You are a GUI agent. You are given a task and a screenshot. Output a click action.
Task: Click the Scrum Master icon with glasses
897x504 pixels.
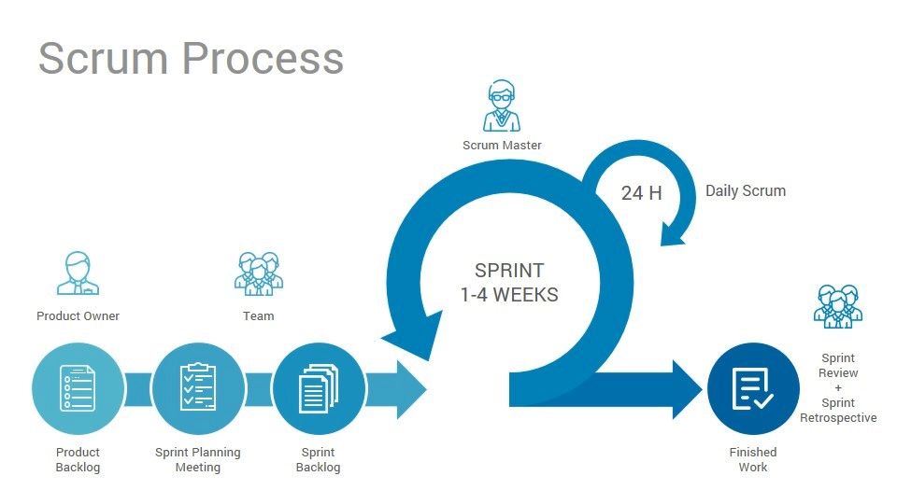(502, 106)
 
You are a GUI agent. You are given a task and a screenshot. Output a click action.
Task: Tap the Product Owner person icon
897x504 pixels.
(78, 273)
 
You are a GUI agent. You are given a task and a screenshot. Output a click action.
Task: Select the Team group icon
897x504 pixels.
(258, 273)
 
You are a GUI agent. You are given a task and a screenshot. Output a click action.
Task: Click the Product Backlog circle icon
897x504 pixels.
(78, 388)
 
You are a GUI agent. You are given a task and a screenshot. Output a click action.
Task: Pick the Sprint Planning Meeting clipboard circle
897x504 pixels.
(197, 388)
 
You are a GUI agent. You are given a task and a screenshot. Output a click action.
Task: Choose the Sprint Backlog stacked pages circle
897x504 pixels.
(318, 388)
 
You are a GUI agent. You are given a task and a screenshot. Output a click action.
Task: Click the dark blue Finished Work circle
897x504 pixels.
(752, 388)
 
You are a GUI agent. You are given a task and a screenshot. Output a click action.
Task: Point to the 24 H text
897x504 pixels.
(642, 193)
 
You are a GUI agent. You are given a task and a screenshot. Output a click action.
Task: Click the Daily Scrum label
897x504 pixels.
(746, 190)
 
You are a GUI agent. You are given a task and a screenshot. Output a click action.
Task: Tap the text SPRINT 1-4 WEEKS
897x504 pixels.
(509, 283)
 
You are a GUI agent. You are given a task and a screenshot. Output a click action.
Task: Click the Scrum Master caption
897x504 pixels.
(502, 145)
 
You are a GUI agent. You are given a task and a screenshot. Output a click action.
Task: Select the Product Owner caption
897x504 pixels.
(78, 315)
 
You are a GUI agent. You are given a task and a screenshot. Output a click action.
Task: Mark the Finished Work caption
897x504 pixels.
(752, 459)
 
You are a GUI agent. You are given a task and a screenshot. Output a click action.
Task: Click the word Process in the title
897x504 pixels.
(263, 58)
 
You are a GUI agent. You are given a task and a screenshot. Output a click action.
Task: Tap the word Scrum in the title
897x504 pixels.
(103, 58)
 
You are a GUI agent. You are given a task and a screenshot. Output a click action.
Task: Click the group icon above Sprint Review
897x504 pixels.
(837, 306)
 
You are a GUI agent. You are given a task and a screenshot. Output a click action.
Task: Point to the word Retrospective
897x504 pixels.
(838, 417)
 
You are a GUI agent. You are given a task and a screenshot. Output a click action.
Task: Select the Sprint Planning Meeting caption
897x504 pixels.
(197, 459)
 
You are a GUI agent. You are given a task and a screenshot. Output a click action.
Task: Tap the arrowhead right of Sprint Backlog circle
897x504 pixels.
(406, 388)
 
